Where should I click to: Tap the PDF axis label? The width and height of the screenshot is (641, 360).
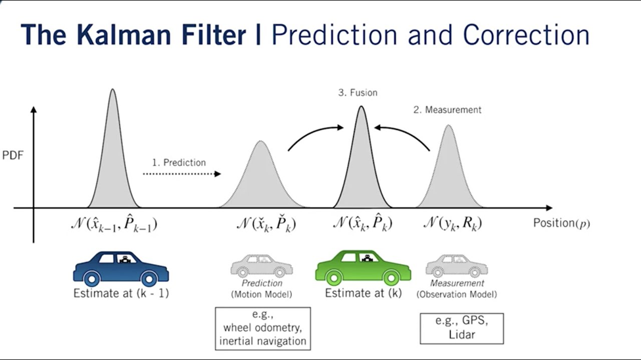tap(13, 156)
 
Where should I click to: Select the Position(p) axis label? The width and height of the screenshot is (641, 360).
tap(561, 223)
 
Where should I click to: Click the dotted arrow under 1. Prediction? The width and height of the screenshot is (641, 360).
tap(181, 174)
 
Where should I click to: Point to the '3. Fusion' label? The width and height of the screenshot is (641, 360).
tap(358, 93)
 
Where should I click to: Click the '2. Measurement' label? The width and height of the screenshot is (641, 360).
tap(447, 110)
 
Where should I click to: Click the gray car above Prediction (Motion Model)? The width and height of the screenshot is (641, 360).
tap(261, 266)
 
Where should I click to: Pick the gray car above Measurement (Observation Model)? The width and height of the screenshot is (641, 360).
tap(456, 266)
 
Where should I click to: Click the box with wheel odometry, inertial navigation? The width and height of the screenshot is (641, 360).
tap(262, 328)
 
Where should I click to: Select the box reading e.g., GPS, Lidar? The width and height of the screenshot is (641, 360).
tap(461, 328)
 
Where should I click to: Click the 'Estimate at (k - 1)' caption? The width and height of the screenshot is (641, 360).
tap(121, 294)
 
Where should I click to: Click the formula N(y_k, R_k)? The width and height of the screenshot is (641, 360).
tap(452, 224)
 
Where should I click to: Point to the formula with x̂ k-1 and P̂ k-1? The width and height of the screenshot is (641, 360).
tap(114, 224)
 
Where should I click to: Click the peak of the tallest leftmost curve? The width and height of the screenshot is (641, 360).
tap(113, 91)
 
